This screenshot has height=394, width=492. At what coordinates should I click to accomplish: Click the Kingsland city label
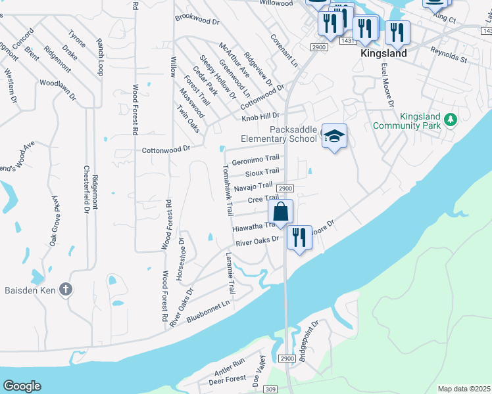point(383,53)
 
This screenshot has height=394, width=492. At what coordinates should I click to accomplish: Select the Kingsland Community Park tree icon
point(451,120)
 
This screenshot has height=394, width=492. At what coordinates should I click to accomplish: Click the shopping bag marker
point(280,212)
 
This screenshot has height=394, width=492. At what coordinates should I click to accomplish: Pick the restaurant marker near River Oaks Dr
point(299,237)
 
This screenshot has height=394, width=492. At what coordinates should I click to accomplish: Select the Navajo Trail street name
point(253,186)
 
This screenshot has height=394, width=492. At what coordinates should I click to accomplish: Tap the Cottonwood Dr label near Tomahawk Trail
point(167,149)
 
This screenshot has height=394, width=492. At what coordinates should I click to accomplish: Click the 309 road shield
point(272,389)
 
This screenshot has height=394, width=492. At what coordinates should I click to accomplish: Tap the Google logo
point(22,386)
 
